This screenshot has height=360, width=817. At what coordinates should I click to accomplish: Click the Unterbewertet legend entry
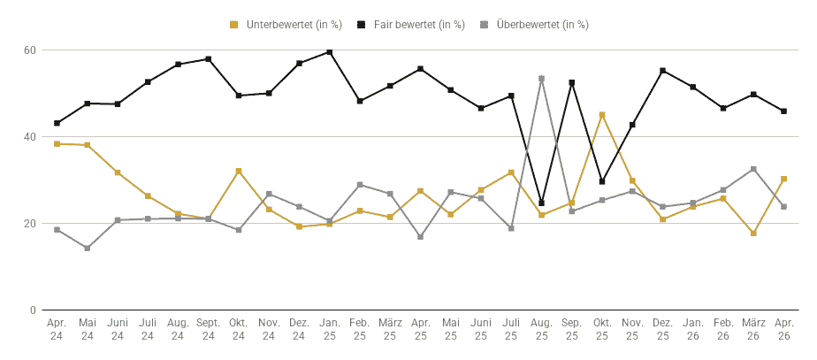click(286, 25)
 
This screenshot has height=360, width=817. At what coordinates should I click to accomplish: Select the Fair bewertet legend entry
click(411, 25)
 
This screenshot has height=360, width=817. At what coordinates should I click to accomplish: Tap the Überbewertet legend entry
click(535, 25)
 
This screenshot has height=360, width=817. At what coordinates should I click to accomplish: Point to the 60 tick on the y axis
click(29, 50)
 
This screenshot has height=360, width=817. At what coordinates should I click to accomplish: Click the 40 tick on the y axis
click(29, 137)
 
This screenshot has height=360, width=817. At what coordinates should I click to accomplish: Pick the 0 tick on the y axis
click(33, 310)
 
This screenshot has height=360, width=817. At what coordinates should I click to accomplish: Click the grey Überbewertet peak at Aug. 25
click(541, 79)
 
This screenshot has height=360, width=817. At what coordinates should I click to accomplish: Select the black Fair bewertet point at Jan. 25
click(329, 52)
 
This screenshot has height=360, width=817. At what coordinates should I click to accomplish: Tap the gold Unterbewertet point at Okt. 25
click(602, 115)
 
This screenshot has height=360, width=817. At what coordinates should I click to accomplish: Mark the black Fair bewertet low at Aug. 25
click(541, 203)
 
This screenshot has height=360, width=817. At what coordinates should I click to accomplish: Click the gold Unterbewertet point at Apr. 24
click(57, 144)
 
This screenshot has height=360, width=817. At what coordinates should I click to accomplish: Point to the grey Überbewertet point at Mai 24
click(87, 248)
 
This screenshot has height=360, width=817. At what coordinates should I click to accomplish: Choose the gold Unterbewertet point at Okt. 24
click(239, 171)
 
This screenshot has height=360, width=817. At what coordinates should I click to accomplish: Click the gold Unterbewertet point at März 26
click(753, 234)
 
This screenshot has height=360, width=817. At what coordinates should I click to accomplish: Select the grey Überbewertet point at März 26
click(753, 169)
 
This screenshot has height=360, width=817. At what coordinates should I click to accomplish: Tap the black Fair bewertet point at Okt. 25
click(602, 182)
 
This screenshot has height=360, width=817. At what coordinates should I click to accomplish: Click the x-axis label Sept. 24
click(209, 329)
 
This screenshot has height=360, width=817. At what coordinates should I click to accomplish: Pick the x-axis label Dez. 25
click(663, 329)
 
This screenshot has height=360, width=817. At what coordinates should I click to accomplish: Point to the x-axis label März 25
click(390, 329)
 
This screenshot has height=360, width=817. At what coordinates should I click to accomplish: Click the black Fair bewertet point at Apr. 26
click(783, 111)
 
